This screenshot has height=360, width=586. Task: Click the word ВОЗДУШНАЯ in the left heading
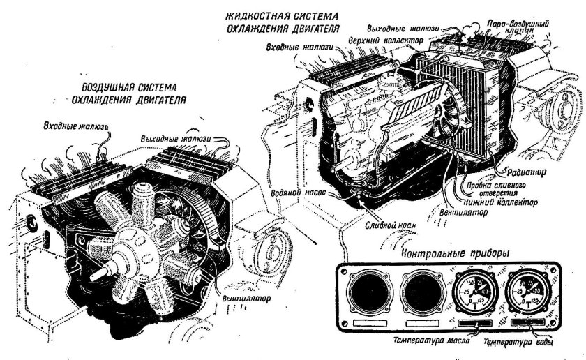point(105,89)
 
